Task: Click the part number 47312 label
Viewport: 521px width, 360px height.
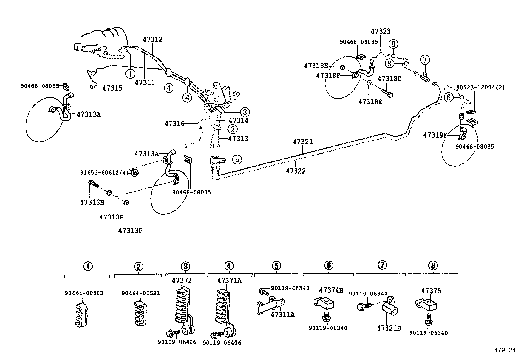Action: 153,39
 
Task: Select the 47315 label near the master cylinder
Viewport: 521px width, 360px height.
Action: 112,88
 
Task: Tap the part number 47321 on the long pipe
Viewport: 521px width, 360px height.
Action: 303,142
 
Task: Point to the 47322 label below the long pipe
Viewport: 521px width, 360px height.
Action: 296,171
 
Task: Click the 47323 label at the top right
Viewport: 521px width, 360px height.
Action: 381,31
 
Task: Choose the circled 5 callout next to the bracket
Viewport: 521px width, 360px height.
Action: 237,160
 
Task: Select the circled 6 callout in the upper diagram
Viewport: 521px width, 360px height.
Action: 449,97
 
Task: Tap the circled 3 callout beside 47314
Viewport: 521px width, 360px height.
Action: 245,112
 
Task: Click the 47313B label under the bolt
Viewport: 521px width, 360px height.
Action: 92,202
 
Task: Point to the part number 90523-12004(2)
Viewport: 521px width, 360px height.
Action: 480,88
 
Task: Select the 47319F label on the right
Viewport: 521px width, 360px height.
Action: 435,135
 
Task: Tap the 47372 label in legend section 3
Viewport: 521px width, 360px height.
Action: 182,281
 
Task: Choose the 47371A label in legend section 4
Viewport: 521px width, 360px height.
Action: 229,281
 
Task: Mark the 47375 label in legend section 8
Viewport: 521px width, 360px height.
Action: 431,291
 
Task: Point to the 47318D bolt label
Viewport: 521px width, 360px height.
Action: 389,79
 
